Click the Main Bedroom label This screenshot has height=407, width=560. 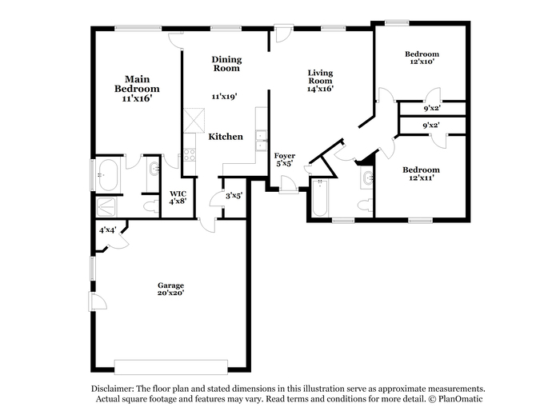tap(137, 89)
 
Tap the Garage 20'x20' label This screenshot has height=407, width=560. tap(170, 289)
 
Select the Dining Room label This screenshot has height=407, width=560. tap(226, 64)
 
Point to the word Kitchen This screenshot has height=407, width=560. tap(226, 137)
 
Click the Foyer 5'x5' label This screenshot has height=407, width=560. tap(285, 160)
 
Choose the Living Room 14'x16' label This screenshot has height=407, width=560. tap(320, 81)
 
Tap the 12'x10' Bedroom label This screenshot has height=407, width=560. tap(422, 58)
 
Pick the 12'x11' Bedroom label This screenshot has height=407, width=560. tap(421, 174)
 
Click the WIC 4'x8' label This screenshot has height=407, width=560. tap(178, 198)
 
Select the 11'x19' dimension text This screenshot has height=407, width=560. tap(225, 97)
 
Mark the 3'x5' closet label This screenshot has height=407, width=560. tap(234, 196)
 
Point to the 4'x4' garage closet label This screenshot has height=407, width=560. tap(107, 230)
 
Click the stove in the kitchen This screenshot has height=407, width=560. tap(190, 155)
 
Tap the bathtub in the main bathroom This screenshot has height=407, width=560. tap(108, 175)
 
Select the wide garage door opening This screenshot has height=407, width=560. tap(170, 367)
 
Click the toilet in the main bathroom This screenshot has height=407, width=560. tap(152, 207)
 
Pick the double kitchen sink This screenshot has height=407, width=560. tap(261, 141)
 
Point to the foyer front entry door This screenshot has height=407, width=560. tap(289, 185)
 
